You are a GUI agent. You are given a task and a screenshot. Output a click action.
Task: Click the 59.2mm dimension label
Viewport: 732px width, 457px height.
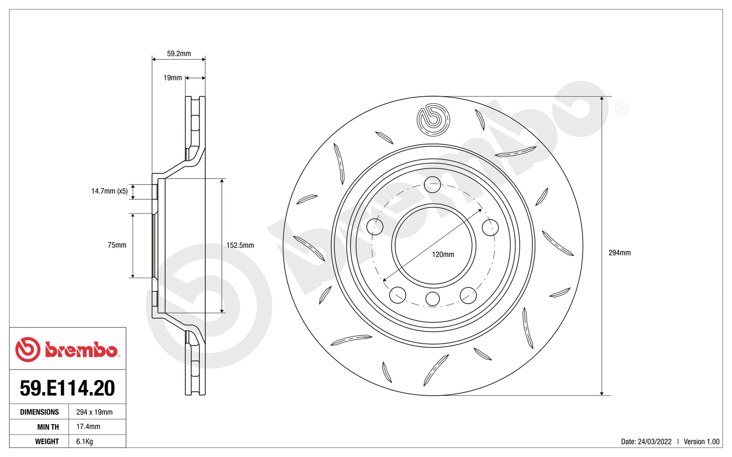tap(179, 53)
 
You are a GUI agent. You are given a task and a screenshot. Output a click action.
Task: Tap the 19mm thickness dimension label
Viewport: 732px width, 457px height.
tap(172, 78)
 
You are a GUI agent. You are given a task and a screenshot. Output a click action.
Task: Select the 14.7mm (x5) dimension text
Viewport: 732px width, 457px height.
tap(109, 191)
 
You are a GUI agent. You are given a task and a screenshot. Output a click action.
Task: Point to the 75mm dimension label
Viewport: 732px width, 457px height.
tap(117, 245)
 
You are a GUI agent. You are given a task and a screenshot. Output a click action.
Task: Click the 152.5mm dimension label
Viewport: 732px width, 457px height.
tap(240, 245)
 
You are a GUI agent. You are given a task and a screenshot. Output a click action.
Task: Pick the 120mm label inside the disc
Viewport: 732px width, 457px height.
tap(443, 255)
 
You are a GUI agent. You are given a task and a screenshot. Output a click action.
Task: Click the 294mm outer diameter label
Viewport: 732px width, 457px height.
tap(620, 253)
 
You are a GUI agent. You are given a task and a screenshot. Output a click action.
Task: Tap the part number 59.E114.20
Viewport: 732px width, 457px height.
tap(67, 388)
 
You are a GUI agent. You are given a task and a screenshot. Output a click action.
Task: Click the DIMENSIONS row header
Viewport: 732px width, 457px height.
tap(40, 412)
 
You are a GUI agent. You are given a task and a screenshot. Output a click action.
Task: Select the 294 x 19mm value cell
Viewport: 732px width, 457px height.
tap(94, 412)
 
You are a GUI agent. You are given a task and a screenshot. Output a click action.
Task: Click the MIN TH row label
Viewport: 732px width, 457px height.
tap(48, 427)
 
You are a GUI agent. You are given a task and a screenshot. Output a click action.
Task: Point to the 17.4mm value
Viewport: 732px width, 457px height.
tap(88, 427)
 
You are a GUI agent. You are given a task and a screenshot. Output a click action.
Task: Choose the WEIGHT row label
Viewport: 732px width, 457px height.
tap(47, 441)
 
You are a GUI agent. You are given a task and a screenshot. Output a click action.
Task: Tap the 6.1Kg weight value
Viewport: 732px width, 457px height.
tap(85, 441)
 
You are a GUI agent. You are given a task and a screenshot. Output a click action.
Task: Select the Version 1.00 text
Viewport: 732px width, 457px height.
tap(702, 441)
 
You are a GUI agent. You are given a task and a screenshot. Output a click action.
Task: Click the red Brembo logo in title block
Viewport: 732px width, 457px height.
tap(67, 350)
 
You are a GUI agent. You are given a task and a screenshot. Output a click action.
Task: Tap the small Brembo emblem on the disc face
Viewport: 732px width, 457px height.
tap(433, 120)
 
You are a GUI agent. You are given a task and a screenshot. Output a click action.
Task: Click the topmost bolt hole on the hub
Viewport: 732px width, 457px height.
tap(432, 184)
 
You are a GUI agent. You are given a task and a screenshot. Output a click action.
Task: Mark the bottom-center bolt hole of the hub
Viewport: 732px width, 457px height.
tap(432, 299)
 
